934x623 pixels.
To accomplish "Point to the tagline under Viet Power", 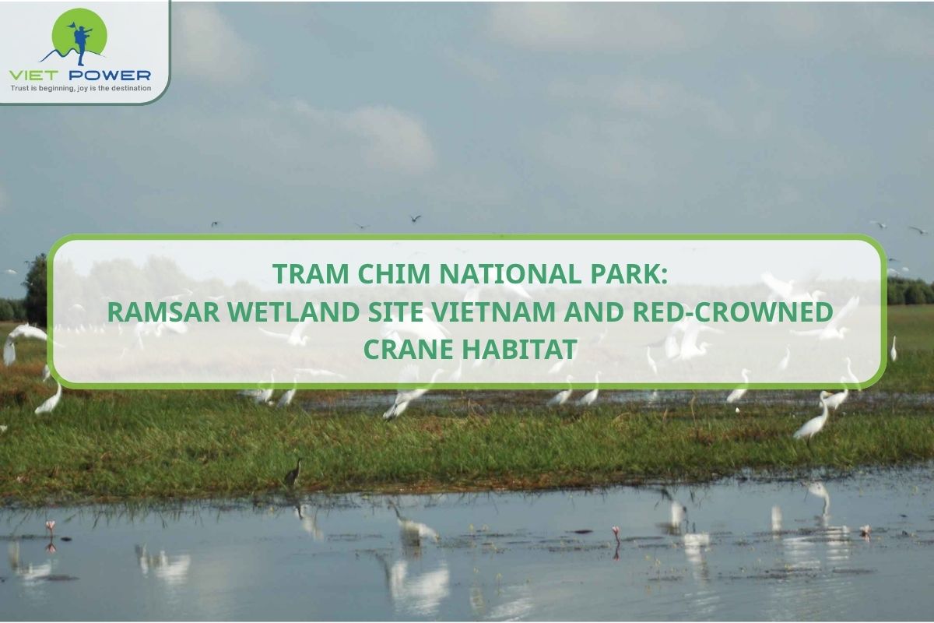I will [x=80, y=88].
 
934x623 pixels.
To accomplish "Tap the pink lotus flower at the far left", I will [x=51, y=526].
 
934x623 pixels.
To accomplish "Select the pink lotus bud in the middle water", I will [x=616, y=532].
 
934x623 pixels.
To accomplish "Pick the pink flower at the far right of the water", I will [x=865, y=530].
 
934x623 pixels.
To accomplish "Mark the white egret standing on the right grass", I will [x=814, y=421].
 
